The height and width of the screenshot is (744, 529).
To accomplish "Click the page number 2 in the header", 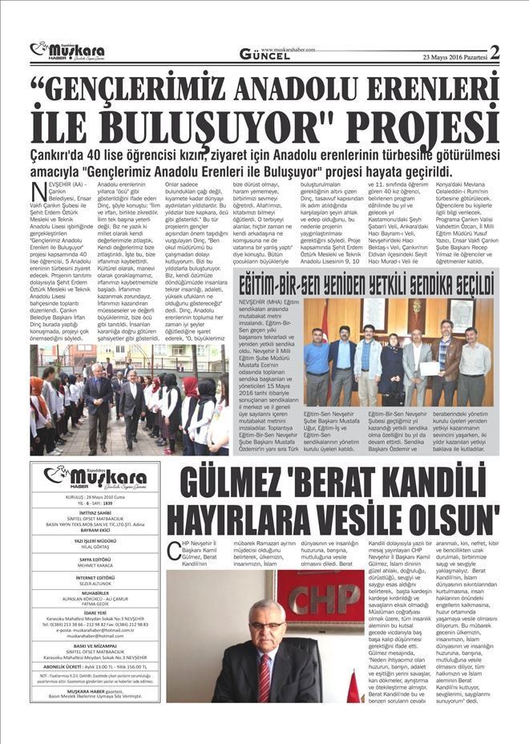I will tap(494, 53).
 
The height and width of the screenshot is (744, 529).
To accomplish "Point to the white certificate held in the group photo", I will tap(432, 368).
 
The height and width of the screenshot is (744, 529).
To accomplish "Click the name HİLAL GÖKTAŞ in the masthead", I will tap(94, 547).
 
